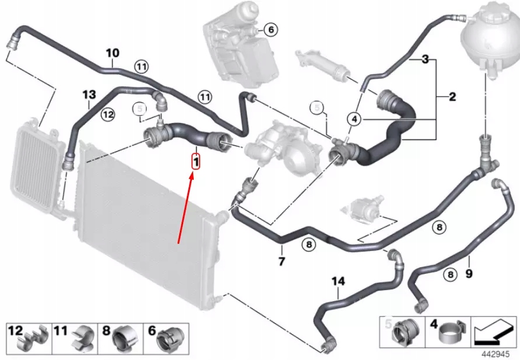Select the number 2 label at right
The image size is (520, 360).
tap(452, 97)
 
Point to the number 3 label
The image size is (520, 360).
tap(425, 60)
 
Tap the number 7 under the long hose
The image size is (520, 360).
tap(282, 261)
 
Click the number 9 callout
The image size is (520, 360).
tap(469, 272)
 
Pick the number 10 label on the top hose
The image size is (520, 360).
tap(112, 54)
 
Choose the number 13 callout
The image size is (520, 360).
tap(88, 95)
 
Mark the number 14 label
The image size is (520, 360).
tap(338, 282)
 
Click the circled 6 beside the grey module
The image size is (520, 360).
tap(271, 29)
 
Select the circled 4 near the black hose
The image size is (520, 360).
tap(354, 119)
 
